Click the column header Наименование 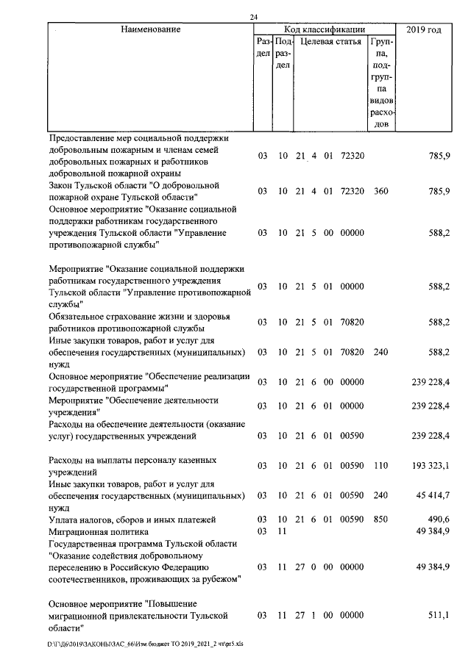(x=151, y=30)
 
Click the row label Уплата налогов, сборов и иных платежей (x=132, y=520)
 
